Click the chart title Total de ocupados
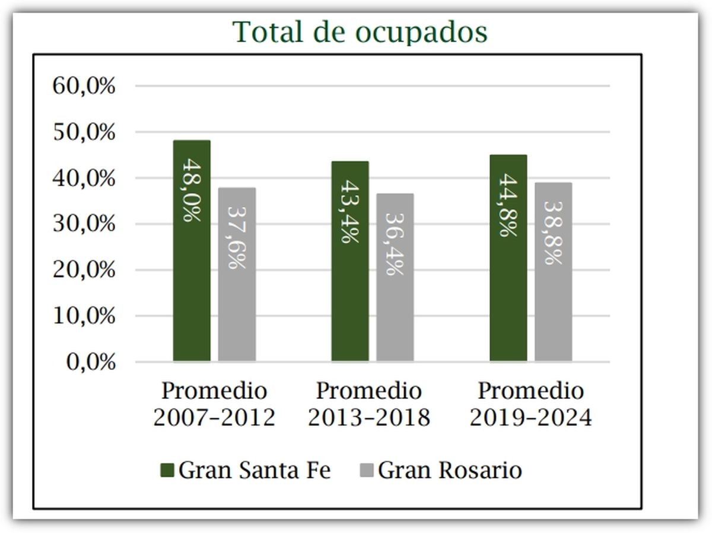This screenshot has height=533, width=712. click(360, 32)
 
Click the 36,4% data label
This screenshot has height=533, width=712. click(395, 243)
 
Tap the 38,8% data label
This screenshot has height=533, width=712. click(554, 233)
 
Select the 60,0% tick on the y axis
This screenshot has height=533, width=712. click(84, 86)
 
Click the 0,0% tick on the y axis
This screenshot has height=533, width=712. click(90, 362)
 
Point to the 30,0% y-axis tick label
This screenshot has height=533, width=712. click(84, 224)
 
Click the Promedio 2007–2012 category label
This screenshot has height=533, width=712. click(214, 404)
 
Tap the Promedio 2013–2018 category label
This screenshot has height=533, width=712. click(368, 404)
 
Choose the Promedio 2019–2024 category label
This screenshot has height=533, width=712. click(530, 404)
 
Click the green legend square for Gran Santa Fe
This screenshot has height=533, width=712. click(167, 471)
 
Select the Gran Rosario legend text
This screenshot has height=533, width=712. click(450, 471)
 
